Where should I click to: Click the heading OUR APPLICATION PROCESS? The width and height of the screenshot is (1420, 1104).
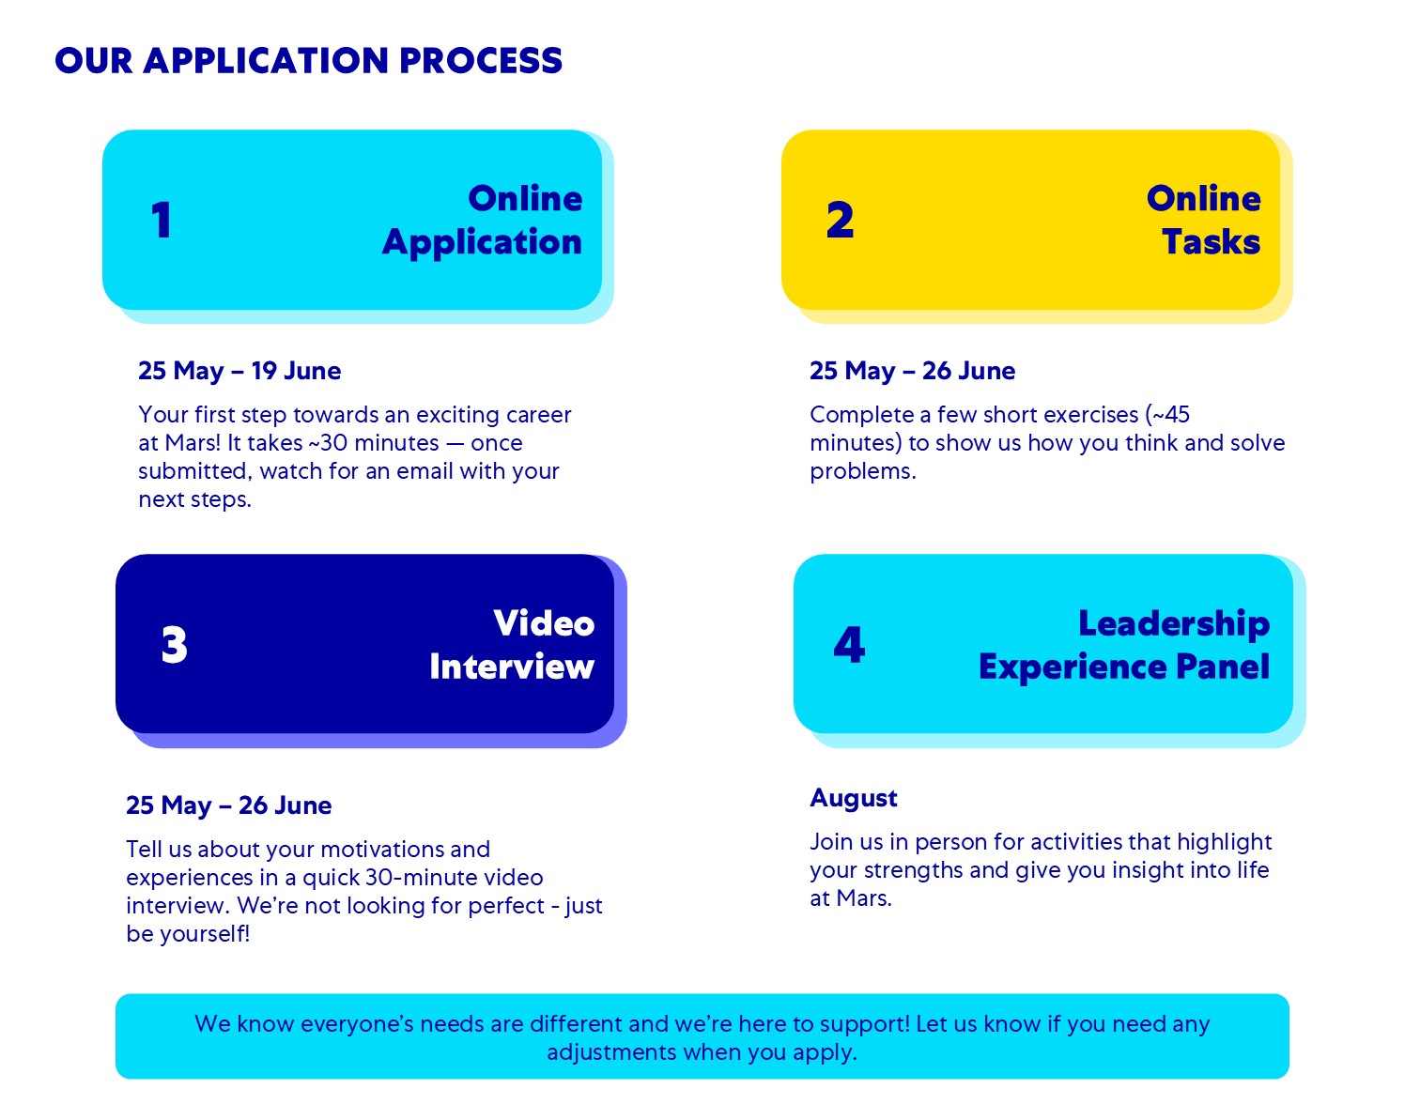[x=308, y=61]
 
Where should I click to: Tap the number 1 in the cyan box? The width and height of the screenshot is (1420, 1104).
[x=162, y=221]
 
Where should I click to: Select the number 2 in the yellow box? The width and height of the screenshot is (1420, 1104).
[x=840, y=221]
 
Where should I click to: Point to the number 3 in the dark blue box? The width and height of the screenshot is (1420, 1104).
[x=175, y=645]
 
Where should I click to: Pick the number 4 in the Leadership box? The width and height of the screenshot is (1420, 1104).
[x=849, y=645]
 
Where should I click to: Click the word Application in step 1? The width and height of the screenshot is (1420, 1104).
[x=482, y=243]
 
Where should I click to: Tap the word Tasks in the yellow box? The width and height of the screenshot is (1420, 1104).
[x=1211, y=242]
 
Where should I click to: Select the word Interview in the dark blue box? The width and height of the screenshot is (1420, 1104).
[x=512, y=667]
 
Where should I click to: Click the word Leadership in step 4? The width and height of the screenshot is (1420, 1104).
[x=1173, y=623]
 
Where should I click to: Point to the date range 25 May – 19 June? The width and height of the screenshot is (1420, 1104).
[x=239, y=371]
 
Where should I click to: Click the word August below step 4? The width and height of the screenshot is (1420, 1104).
[x=854, y=798]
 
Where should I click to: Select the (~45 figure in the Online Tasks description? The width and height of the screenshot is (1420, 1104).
[x=1167, y=415]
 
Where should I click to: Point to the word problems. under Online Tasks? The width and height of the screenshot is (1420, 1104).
[x=862, y=471]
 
